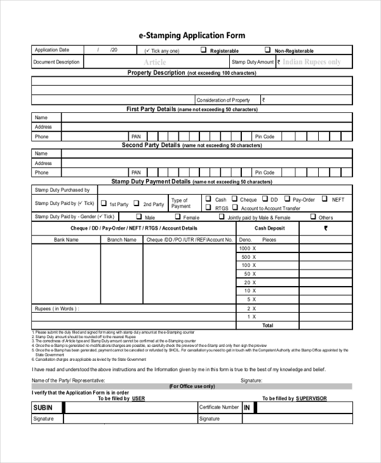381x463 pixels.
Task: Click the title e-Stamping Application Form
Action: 191,36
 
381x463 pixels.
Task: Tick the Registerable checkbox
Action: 204,49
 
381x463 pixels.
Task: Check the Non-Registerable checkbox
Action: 267,49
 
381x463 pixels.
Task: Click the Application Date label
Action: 52,50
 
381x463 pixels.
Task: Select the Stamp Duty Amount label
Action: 253,62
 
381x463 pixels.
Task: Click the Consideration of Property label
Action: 223,100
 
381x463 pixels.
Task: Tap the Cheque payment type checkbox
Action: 234,199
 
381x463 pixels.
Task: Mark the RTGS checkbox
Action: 208,207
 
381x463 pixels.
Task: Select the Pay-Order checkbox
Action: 287,199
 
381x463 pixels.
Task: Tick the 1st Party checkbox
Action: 104,204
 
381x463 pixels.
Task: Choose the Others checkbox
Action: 312,217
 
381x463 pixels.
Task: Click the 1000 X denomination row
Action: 247,249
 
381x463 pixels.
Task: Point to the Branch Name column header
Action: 121,240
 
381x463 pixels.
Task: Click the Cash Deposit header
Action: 269,228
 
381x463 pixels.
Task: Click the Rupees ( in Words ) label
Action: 57,308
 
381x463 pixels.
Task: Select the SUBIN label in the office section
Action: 43,407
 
